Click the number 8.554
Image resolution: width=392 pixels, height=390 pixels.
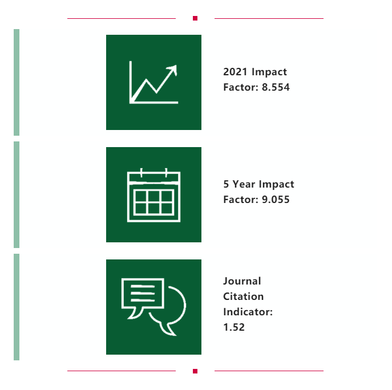pyautogui.click(x=276, y=87)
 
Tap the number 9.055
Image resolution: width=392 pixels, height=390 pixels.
pyautogui.click(x=276, y=200)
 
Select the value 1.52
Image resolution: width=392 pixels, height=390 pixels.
pyautogui.click(x=234, y=327)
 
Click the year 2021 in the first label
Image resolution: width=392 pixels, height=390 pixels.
pyautogui.click(x=235, y=72)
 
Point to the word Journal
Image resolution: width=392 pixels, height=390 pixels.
pyautogui.click(x=242, y=281)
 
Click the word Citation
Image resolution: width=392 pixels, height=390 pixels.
pyautogui.click(x=243, y=296)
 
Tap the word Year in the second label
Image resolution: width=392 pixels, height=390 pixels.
pyautogui.click(x=244, y=184)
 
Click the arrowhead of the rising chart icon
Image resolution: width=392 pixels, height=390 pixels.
pyautogui.click(x=172, y=69)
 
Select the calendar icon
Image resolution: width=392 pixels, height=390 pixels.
pyautogui.click(x=153, y=195)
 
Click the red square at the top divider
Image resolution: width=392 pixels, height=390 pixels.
pyautogui.click(x=195, y=18)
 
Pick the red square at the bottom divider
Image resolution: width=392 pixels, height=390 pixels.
pyautogui.click(x=195, y=371)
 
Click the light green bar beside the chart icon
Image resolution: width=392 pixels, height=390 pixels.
pyautogui.click(x=17, y=82)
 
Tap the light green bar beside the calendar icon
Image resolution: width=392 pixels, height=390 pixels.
pyautogui.click(x=17, y=194)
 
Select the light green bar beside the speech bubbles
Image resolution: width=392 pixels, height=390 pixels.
pyautogui.click(x=17, y=307)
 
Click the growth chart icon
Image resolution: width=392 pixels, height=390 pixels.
pyautogui.click(x=153, y=82)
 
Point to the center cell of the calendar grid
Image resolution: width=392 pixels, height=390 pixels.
pyautogui.click(x=153, y=197)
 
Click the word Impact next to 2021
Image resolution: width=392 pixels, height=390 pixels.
pyautogui.click(x=269, y=72)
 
